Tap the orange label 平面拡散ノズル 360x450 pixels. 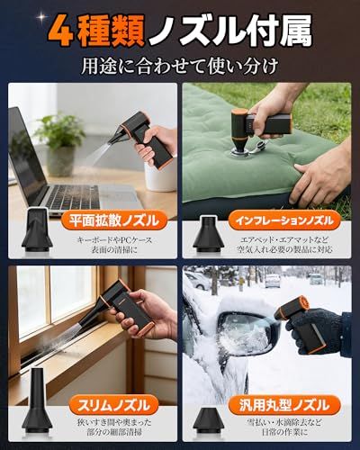click(x=114, y=221)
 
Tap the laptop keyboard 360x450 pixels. click(x=72, y=196)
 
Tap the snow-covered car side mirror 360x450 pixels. click(x=245, y=331)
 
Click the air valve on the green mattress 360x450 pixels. click(x=238, y=153)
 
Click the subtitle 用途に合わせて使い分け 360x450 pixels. click(x=180, y=66)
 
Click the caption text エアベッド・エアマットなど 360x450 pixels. click(x=284, y=240)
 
